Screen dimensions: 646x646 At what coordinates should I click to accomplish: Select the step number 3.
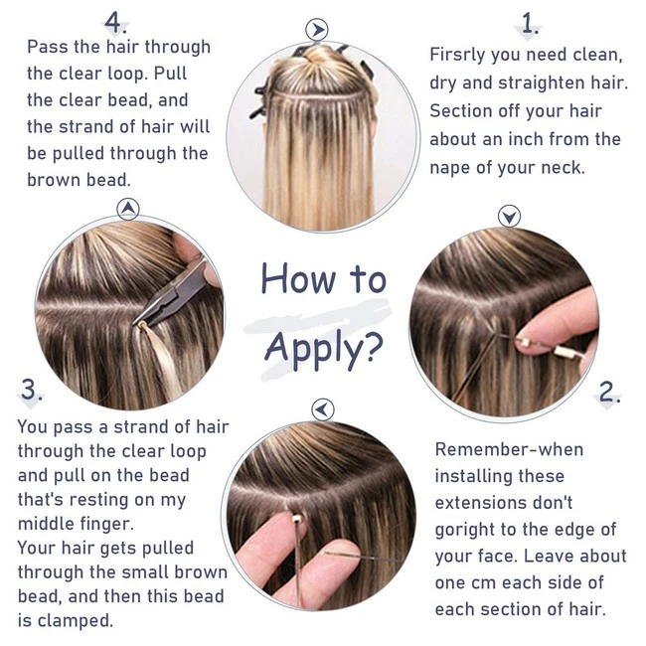coord(32,392)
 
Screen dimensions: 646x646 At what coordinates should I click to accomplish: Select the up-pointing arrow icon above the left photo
coord(128,209)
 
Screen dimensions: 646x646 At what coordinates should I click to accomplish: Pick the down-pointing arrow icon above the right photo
coord(509,216)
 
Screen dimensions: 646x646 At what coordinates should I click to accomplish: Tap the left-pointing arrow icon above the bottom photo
coord(322,408)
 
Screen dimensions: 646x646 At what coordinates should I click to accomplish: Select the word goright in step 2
coord(468,529)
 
